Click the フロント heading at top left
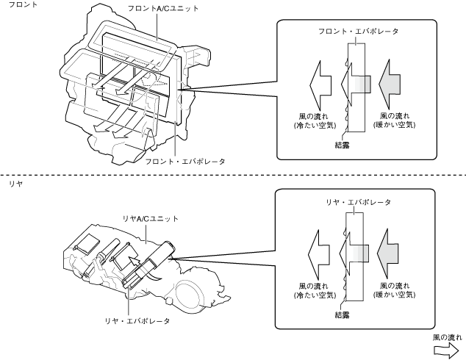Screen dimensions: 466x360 (x=23, y=4)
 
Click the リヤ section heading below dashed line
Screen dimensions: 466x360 (x=15, y=184)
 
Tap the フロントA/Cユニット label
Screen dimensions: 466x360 (x=163, y=9)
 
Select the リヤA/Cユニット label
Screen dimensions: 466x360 (x=151, y=219)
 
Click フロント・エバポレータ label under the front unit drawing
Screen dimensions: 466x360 (x=184, y=162)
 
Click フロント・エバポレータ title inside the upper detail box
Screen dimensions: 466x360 (x=358, y=31)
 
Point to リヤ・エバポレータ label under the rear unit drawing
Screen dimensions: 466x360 (x=137, y=321)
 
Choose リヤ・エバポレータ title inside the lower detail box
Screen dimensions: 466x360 (x=358, y=202)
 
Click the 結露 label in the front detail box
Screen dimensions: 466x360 (x=342, y=145)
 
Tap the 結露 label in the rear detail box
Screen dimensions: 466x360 (x=342, y=315)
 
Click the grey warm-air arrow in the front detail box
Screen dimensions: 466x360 (x=390, y=84)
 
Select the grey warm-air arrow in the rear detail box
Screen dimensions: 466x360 (x=388, y=253)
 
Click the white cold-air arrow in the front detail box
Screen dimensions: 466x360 (x=320, y=85)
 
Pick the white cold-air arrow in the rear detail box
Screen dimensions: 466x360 (x=318, y=254)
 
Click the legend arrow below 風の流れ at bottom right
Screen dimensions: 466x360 (x=446, y=350)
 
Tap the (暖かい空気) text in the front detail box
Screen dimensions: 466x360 (x=394, y=125)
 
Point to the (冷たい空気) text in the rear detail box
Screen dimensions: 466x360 (x=315, y=295)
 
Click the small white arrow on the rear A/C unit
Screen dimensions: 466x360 (x=133, y=263)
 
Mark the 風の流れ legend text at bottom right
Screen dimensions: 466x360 (x=448, y=338)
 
